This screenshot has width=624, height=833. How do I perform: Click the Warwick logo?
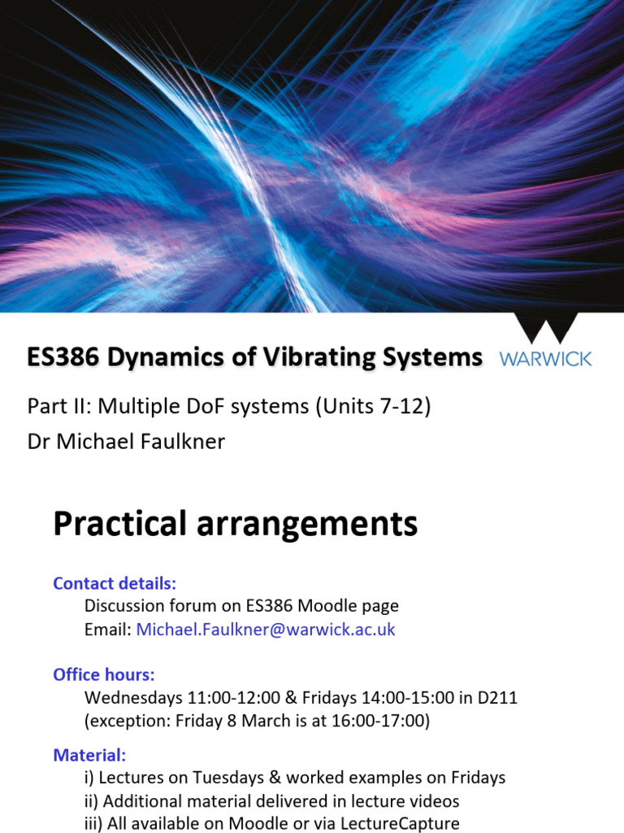(545, 342)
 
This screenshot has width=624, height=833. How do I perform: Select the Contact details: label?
(115, 583)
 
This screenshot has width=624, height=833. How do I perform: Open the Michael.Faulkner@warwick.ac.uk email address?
(266, 630)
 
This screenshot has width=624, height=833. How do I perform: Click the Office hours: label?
(104, 675)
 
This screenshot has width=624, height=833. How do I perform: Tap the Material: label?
(89, 755)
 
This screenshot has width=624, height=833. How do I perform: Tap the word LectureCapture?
(396, 823)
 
